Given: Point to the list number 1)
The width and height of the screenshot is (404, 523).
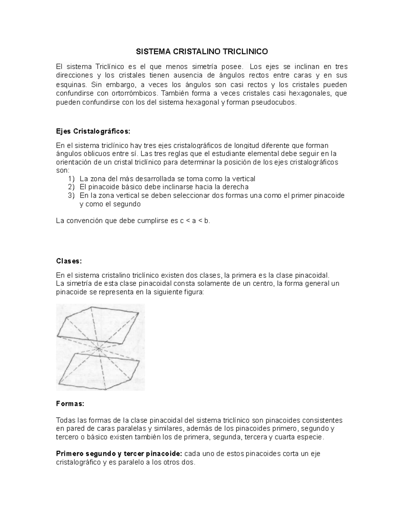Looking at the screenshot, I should (x=70, y=178).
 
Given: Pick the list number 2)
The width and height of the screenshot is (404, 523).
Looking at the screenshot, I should (x=70, y=187).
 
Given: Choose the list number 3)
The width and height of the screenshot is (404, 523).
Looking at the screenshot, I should (x=70, y=195).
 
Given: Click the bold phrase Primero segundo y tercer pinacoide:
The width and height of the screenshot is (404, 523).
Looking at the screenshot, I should (x=119, y=454).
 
